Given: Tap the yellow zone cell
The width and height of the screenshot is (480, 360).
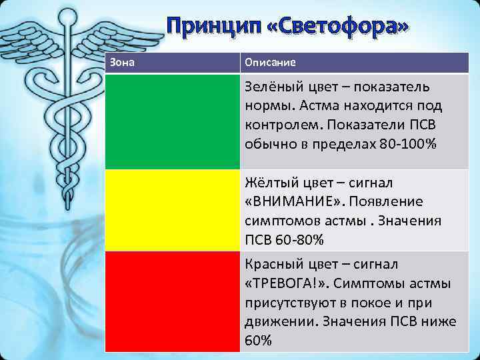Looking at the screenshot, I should click(172, 209).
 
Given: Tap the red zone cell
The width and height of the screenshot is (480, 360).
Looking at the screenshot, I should click(172, 300).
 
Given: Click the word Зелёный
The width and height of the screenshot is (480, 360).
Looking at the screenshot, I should click(273, 87).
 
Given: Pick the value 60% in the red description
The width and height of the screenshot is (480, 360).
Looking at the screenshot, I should click(258, 340).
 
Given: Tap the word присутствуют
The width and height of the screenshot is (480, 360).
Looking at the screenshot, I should click(289, 303).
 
